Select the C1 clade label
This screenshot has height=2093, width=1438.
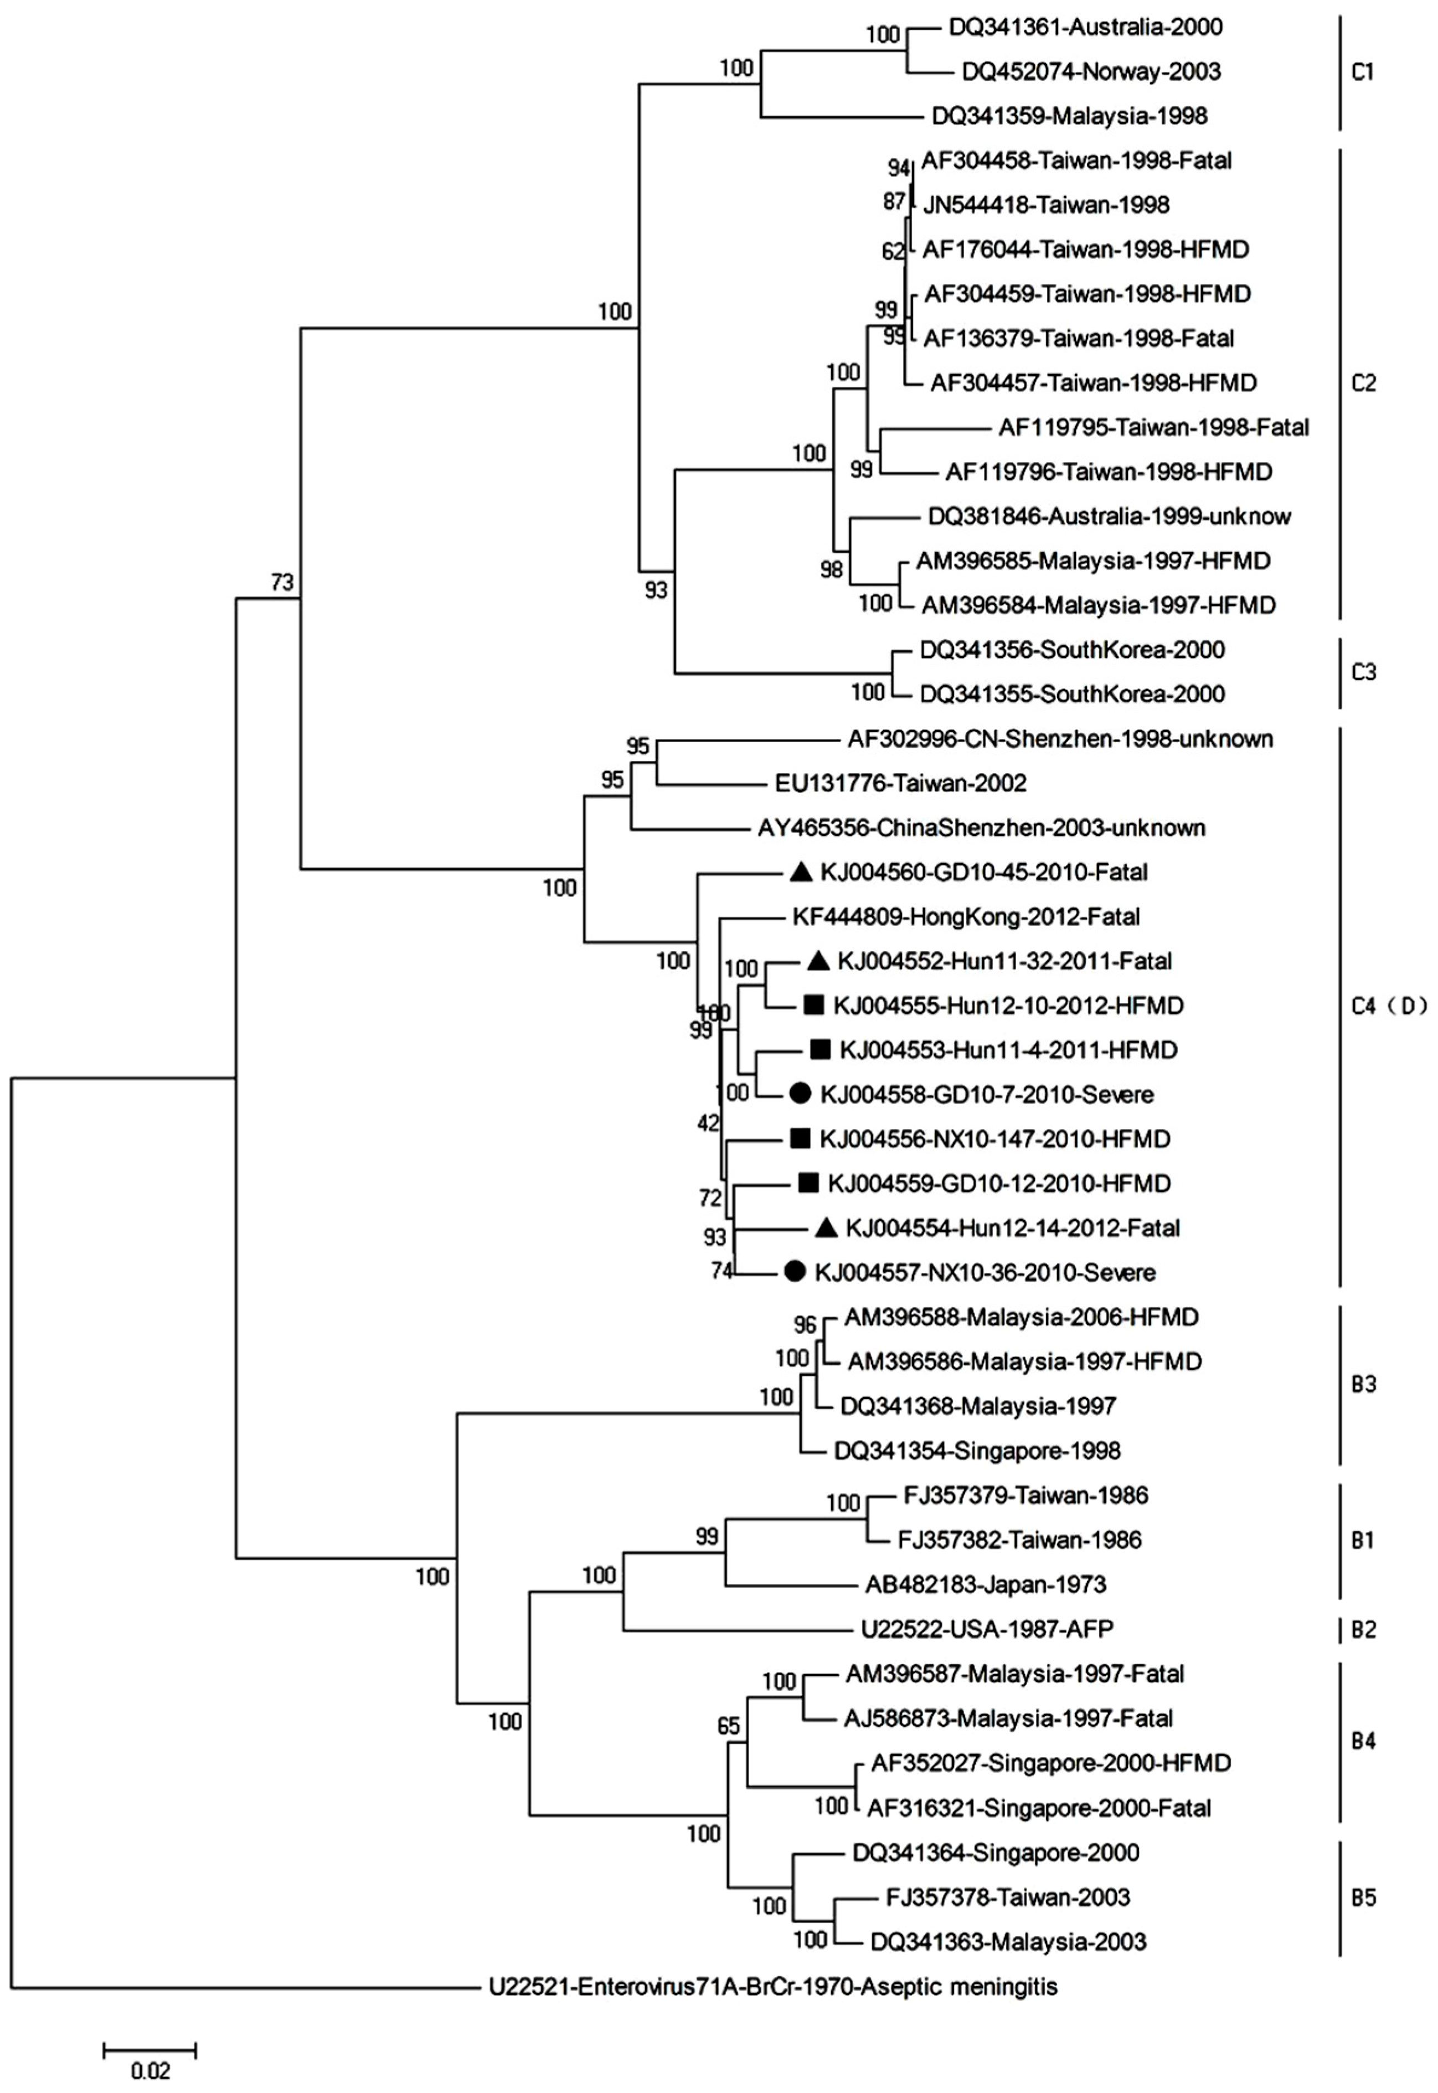coord(1363,71)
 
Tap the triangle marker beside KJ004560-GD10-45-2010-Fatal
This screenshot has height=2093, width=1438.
coord(801,871)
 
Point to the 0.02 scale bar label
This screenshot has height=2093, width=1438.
coord(150,2070)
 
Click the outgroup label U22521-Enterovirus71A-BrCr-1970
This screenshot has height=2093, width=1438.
coord(773,1986)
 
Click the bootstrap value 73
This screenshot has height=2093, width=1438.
coord(282,583)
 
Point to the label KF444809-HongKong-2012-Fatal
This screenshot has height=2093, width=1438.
coord(966,917)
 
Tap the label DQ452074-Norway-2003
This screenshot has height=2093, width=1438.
coord(1090,71)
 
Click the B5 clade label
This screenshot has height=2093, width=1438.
coord(1363,1898)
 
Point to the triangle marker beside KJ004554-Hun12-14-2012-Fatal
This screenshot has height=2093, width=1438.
coord(826,1227)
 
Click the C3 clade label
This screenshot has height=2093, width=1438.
coord(1363,672)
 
